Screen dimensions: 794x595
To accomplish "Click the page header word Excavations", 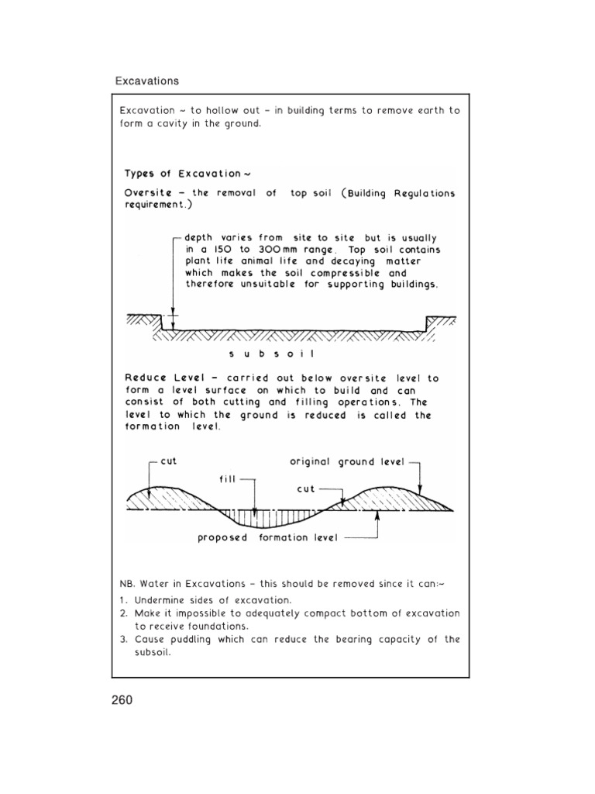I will point(147,81).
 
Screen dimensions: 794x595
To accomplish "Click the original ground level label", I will point(347,461).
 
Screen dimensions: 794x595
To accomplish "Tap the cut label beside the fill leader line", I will point(305,490).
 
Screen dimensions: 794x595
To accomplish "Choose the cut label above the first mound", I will point(168,461).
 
